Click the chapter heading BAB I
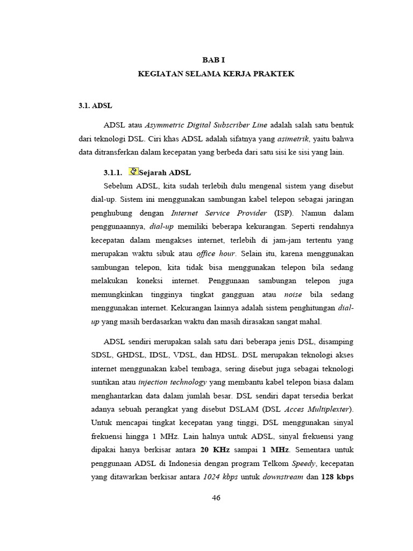pyautogui.click(x=216, y=61)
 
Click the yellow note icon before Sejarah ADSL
pyautogui.click(x=134, y=172)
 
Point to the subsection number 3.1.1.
pyautogui.click(x=113, y=173)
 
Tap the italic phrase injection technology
pyautogui.click(x=172, y=382)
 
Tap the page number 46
pyautogui.click(x=216, y=498)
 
